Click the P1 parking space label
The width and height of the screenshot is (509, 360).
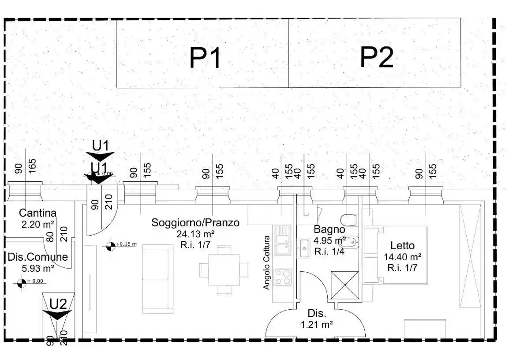[205, 58]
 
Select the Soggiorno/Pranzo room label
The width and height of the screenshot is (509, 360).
[195, 223]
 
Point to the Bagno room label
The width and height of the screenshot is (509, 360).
[329, 229]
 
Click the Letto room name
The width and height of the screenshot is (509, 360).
[402, 246]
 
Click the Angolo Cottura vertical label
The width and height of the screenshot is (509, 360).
[266, 262]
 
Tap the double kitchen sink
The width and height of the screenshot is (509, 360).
[282, 240]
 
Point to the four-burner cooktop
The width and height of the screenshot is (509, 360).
[283, 277]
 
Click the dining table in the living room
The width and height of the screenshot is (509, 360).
[224, 269]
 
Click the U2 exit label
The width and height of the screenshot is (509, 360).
[58, 304]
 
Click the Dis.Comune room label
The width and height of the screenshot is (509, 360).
[37, 257]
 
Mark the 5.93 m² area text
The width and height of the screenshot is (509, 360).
[37, 268]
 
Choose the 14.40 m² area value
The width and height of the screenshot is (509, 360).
[402, 256]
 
